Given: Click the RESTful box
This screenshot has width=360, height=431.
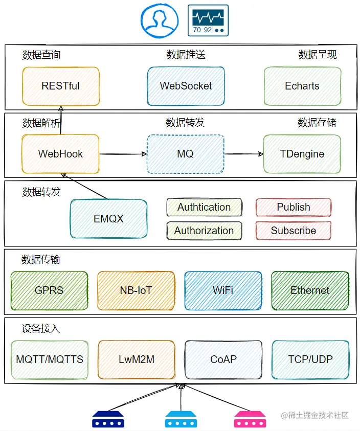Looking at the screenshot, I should click(60, 86).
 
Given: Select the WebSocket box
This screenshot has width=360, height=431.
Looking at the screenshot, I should click(186, 86).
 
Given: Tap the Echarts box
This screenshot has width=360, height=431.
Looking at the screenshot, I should click(302, 86).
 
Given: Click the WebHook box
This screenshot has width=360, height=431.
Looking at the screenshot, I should click(60, 154).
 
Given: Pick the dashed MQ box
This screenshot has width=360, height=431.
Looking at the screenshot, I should click(185, 154).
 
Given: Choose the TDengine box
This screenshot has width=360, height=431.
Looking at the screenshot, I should click(302, 154).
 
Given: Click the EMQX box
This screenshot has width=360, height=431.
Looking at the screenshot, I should click(108, 219).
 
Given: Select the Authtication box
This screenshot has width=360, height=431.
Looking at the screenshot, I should click(204, 207).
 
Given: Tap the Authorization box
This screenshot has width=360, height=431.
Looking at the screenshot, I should click(204, 231).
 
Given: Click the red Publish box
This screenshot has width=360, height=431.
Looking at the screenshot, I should click(294, 207).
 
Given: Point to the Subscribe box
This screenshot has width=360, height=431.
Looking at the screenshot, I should click(294, 231).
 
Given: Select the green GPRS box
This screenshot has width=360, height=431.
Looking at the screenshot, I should click(49, 290).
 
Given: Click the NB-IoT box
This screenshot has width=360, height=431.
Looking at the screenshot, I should click(136, 290).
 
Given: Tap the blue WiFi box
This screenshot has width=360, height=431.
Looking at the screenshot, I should click(223, 290).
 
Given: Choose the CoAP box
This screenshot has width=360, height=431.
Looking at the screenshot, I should click(223, 359).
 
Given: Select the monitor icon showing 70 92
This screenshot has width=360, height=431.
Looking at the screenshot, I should click(208, 20).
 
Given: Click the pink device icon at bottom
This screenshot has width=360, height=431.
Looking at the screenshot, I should click(251, 419).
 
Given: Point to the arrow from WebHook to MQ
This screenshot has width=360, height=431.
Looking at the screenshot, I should click(123, 154).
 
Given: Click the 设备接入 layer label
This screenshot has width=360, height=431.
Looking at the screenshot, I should click(41, 329).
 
